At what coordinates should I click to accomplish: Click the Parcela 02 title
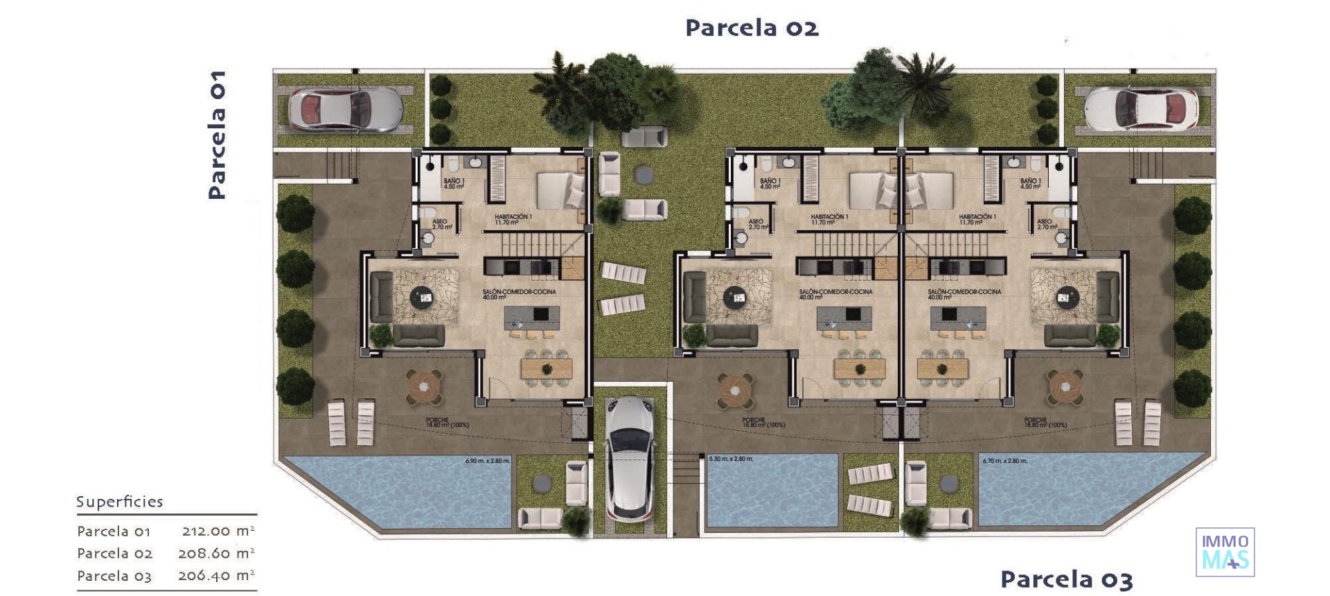pyautogui.click(x=752, y=28)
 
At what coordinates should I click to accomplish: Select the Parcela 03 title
pyautogui.click(x=1066, y=579)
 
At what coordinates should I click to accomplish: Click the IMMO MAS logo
pyautogui.click(x=1225, y=552)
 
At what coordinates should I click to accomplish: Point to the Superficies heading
pyautogui.click(x=119, y=502)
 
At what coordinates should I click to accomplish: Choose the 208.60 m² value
pyautogui.click(x=216, y=554)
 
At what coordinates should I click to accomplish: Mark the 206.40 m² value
pyautogui.click(x=216, y=576)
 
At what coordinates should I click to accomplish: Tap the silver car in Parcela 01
pyautogui.click(x=344, y=109)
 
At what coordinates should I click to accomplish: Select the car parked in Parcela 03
pyautogui.click(x=1141, y=109)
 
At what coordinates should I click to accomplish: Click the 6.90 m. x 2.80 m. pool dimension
pyautogui.click(x=488, y=461)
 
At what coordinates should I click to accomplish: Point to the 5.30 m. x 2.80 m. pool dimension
pyautogui.click(x=731, y=459)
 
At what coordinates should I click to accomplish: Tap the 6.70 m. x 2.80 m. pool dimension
pyautogui.click(x=1004, y=461)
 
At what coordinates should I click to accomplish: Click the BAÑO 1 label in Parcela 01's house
pyautogui.click(x=454, y=184)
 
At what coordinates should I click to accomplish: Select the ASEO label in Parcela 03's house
pyautogui.click(x=1045, y=224)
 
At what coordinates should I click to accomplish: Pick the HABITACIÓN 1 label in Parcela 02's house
pyautogui.click(x=829, y=220)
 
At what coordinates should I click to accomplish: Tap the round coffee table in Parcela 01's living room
pyautogui.click(x=420, y=298)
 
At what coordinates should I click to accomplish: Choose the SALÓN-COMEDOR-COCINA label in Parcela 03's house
pyautogui.click(x=964, y=294)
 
